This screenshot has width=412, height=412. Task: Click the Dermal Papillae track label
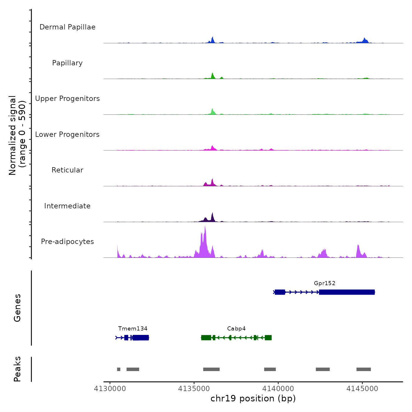tap(67, 27)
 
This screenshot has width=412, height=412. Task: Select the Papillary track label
tap(67, 63)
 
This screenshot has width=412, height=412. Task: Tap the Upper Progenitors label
tap(67, 99)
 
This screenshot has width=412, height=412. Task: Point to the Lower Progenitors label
tap(67, 134)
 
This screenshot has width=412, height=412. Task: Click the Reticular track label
tap(67, 170)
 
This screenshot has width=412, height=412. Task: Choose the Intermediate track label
tap(67, 206)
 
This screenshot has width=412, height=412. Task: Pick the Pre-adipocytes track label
tap(67, 242)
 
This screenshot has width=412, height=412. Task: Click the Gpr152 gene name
tap(325, 283)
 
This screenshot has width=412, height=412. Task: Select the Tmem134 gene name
tap(133, 328)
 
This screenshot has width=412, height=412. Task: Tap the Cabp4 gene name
tap(236, 328)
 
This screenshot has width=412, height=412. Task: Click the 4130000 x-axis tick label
tap(110, 389)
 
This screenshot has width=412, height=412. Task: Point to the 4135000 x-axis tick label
tap(194, 389)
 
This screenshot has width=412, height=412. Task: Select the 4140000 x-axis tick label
tap(278, 389)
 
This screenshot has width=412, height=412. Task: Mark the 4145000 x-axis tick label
tap(362, 389)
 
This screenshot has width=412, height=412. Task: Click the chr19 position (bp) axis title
tap(253, 398)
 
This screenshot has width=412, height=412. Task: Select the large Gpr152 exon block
tap(347, 292)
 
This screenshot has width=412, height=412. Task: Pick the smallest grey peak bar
tap(119, 369)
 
